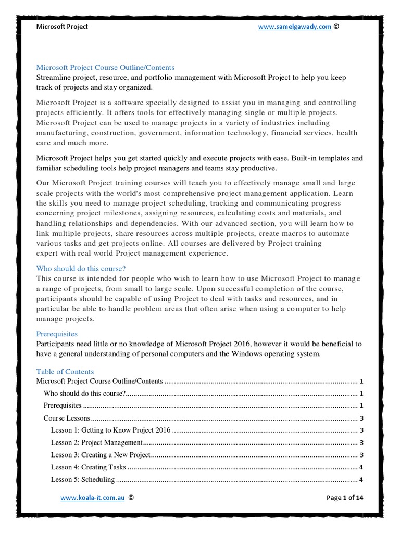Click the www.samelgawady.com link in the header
click(x=295, y=27)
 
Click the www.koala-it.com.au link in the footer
click(x=92, y=498)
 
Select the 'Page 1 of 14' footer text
click(x=345, y=498)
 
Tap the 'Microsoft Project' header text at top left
click(x=62, y=27)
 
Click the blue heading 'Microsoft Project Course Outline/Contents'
click(x=105, y=68)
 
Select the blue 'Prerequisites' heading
click(x=57, y=334)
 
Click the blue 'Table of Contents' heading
click(x=65, y=371)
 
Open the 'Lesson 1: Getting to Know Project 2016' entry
click(x=110, y=430)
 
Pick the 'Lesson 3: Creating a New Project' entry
click(x=101, y=455)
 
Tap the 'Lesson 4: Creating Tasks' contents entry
click(x=88, y=467)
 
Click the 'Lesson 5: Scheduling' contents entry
click(x=82, y=479)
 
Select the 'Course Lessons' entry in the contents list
click(x=67, y=418)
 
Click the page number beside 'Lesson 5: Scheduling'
click(x=361, y=480)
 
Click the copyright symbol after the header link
click(x=336, y=27)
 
